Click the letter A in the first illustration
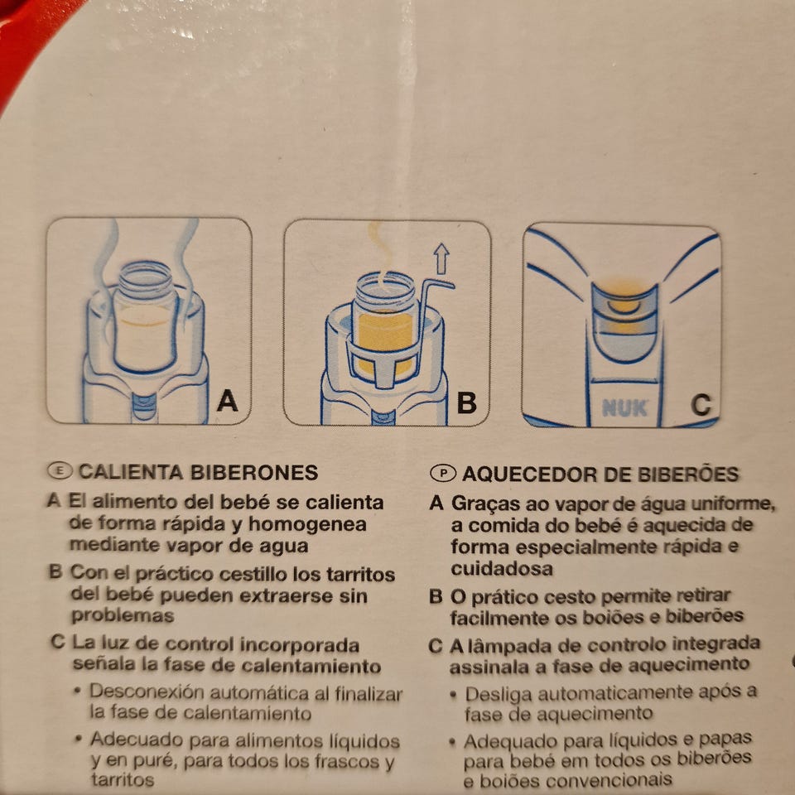227,401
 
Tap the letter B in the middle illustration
466,402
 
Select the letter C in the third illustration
701,405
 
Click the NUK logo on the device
624,408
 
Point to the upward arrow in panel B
441,259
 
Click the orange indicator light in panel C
624,306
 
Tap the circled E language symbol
60,471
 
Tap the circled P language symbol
443,473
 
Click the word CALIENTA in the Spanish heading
130,472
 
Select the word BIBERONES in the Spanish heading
254,473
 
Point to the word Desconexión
147,692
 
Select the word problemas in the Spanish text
123,616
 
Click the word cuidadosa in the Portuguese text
502,569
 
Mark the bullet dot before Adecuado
77,739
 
